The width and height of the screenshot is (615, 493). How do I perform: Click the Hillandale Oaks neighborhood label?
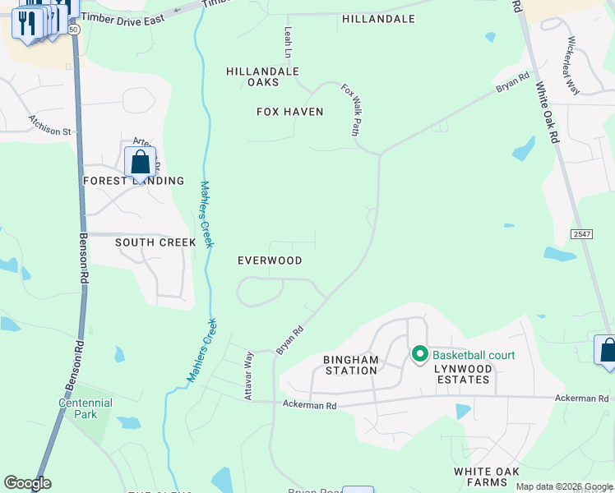pos(262,76)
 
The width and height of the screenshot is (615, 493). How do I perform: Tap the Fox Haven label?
pos(290,112)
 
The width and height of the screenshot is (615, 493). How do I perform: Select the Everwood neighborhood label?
pos(270,260)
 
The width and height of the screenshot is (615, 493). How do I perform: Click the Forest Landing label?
pos(133,181)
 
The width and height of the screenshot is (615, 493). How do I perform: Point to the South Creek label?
pos(155,242)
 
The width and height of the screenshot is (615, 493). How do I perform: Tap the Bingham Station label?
pos(351,365)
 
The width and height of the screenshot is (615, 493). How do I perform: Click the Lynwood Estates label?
pos(464,374)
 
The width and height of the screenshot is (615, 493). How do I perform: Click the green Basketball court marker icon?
pos(419,355)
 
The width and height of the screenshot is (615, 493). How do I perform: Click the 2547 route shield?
pos(581,234)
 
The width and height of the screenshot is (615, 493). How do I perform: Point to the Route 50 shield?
pos(74,29)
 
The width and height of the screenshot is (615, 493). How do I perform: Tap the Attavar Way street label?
pos(247,376)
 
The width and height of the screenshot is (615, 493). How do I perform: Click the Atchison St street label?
pos(50,124)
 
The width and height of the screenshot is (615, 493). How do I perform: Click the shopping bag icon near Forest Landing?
pos(140,163)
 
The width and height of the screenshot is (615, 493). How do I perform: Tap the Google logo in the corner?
pos(27,483)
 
